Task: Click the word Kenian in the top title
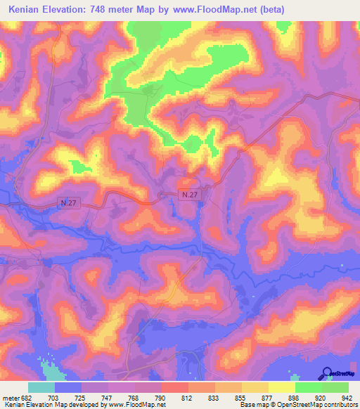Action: pyautogui.click(x=28, y=10)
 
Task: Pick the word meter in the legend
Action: pyautogui.click(x=13, y=397)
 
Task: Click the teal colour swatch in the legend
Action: pyautogui.click(x=41, y=387)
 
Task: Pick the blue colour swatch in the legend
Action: pyautogui.click(x=68, y=387)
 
